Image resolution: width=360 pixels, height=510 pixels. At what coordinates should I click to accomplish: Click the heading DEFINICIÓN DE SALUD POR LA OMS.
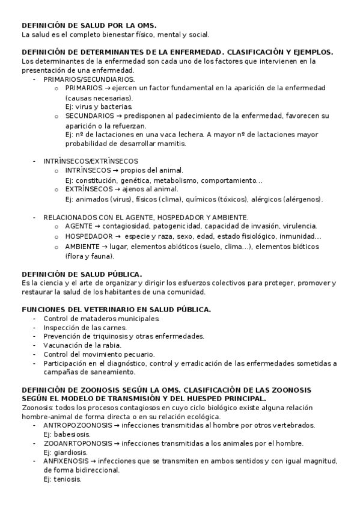[89, 25]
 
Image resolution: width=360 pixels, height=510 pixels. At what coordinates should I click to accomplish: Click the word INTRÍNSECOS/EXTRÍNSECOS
[90, 161]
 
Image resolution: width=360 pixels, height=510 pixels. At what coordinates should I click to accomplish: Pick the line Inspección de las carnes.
[85, 328]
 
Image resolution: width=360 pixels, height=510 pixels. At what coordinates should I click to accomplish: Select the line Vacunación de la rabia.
[82, 345]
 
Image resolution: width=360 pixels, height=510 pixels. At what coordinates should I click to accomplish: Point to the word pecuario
[136, 354]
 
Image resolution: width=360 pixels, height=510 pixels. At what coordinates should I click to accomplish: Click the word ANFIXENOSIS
[66, 461]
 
